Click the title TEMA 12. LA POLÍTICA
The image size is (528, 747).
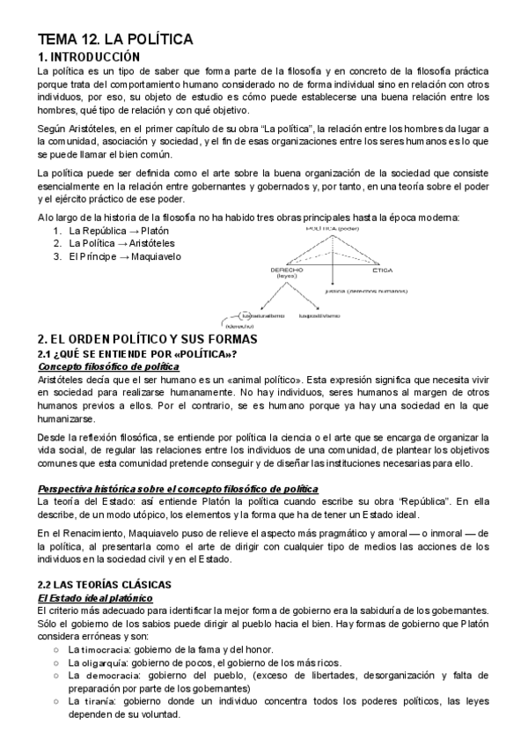click(114, 40)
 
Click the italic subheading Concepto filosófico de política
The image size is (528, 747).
click(102, 366)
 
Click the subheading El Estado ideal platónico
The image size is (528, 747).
click(92, 596)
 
